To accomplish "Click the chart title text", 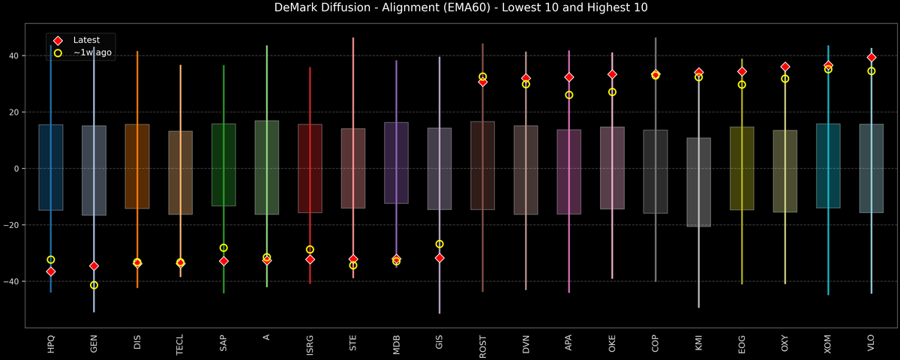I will click(450, 8).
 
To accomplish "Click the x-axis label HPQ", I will click(51, 343).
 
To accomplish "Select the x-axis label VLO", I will click(871, 343).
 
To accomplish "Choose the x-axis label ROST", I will click(483, 343).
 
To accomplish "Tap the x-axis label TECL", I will click(181, 343).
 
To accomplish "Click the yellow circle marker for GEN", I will click(94, 285).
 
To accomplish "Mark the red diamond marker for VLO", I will click(871, 58).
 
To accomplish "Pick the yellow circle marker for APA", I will click(569, 95).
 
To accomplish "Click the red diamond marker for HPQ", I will click(51, 271).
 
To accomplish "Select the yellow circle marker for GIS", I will click(439, 244).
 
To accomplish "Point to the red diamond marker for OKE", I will click(612, 74).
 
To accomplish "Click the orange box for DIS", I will click(137, 166).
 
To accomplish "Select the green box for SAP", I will click(223, 165).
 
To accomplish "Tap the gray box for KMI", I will click(699, 182).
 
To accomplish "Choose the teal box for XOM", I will click(828, 166).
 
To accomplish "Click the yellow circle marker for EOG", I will click(742, 85).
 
